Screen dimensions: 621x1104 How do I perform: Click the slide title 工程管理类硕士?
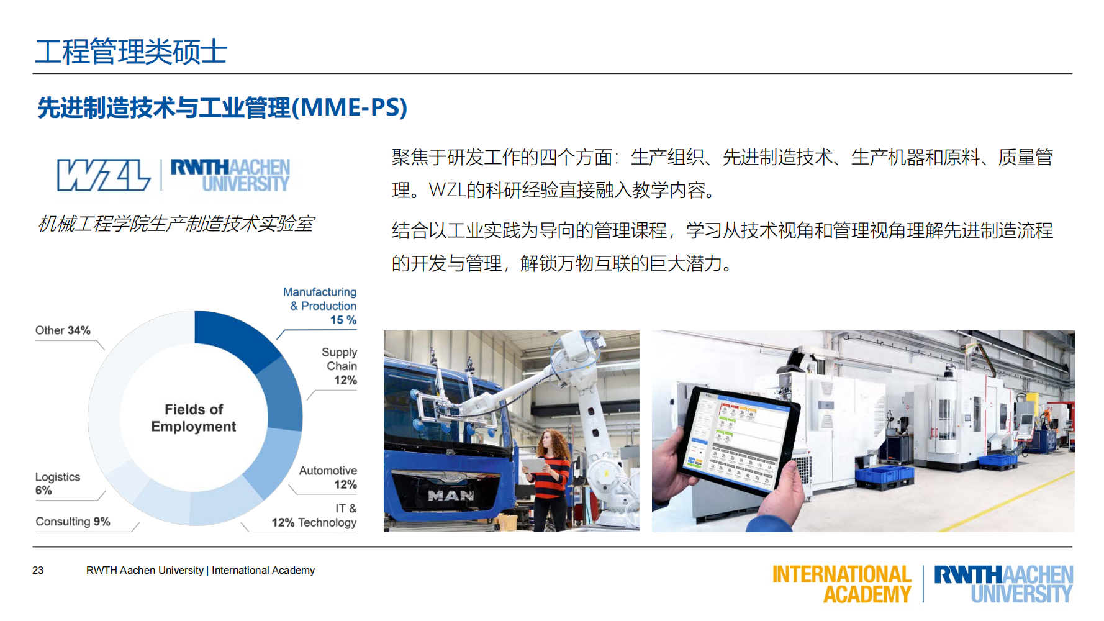coord(131,52)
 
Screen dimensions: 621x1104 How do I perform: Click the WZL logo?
coord(104,175)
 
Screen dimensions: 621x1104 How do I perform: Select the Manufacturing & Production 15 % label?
coord(320,306)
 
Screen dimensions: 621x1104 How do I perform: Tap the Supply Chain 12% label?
coord(339,366)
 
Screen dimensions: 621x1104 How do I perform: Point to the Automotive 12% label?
coord(328,478)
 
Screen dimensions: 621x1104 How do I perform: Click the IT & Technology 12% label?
coord(315,516)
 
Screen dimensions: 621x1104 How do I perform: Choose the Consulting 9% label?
coord(73,522)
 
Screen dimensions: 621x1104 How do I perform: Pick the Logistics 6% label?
coord(57,483)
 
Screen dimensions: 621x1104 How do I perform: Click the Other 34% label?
coord(63,330)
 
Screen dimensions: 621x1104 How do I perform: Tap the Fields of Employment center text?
coord(194,418)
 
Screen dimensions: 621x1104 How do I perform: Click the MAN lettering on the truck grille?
coord(451,496)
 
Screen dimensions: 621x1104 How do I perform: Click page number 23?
coord(38,570)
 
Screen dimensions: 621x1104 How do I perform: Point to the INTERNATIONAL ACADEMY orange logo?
coord(841,584)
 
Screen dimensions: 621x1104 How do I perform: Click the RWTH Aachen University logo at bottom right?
coord(1003,584)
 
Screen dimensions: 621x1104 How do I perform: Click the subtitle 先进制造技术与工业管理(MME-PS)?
coord(222,107)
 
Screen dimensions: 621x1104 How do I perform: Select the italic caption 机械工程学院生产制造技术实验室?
coord(176,224)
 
